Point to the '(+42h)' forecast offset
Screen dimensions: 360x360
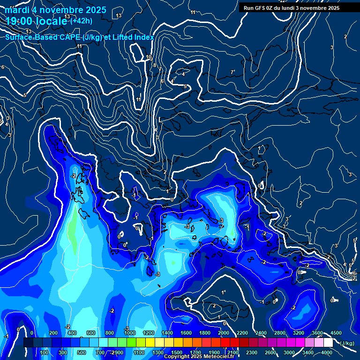click(81, 21)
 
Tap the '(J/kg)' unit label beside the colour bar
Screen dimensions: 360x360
click(346, 343)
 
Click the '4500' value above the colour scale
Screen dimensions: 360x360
click(336, 333)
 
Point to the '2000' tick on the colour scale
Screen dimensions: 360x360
click(224, 333)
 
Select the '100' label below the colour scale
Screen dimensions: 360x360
click(45, 352)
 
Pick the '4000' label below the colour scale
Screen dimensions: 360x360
click(327, 352)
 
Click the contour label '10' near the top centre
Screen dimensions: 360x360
click(149, 57)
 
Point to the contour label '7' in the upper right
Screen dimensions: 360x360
click(232, 72)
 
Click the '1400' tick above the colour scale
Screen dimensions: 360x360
click(167, 333)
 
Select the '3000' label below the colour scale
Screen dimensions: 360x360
click(289, 352)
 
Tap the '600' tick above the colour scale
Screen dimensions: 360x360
click(91, 333)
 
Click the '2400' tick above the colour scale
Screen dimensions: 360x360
click(261, 333)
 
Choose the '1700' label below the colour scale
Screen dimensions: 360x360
click(195, 352)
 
